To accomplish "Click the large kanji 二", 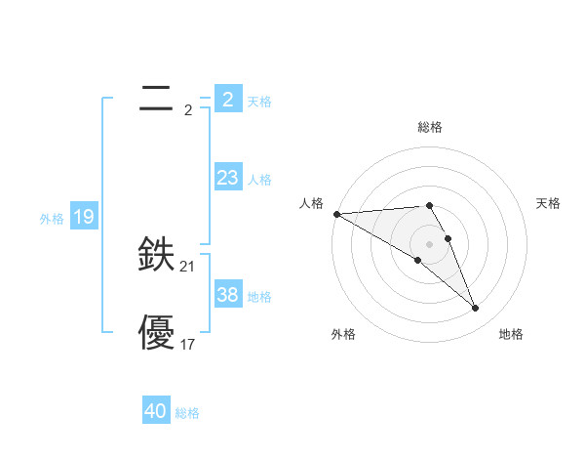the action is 156,98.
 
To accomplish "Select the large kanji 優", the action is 156,332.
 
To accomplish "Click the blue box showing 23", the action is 227,178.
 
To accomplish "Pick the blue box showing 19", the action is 83,217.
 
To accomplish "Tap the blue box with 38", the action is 227,295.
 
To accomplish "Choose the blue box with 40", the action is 156,411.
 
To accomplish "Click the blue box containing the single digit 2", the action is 227,99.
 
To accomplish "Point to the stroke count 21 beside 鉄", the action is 188,266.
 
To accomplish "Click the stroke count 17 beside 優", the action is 188,344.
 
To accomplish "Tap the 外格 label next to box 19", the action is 52,219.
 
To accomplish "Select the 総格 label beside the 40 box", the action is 187,413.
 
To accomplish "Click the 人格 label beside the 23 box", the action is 259,180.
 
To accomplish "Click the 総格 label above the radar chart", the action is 430,127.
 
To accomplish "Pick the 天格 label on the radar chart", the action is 548,203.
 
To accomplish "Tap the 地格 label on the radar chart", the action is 511,334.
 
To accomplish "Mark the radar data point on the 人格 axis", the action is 336,214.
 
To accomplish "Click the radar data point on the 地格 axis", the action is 476,309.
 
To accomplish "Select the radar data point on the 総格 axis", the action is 429,205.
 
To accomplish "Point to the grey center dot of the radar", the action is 429,244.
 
